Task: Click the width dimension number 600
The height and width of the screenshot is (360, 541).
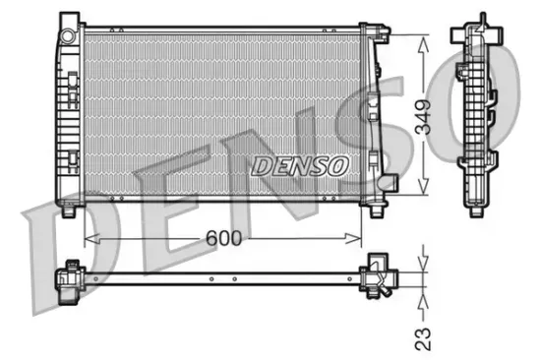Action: (225, 238)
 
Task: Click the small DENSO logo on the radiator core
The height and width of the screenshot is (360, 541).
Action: (300, 165)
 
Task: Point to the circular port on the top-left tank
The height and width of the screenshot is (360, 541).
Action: (68, 35)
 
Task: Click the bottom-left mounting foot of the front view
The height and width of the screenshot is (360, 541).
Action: (69, 209)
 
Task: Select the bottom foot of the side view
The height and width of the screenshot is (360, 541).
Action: (483, 208)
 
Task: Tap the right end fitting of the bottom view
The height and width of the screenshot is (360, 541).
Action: (377, 274)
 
